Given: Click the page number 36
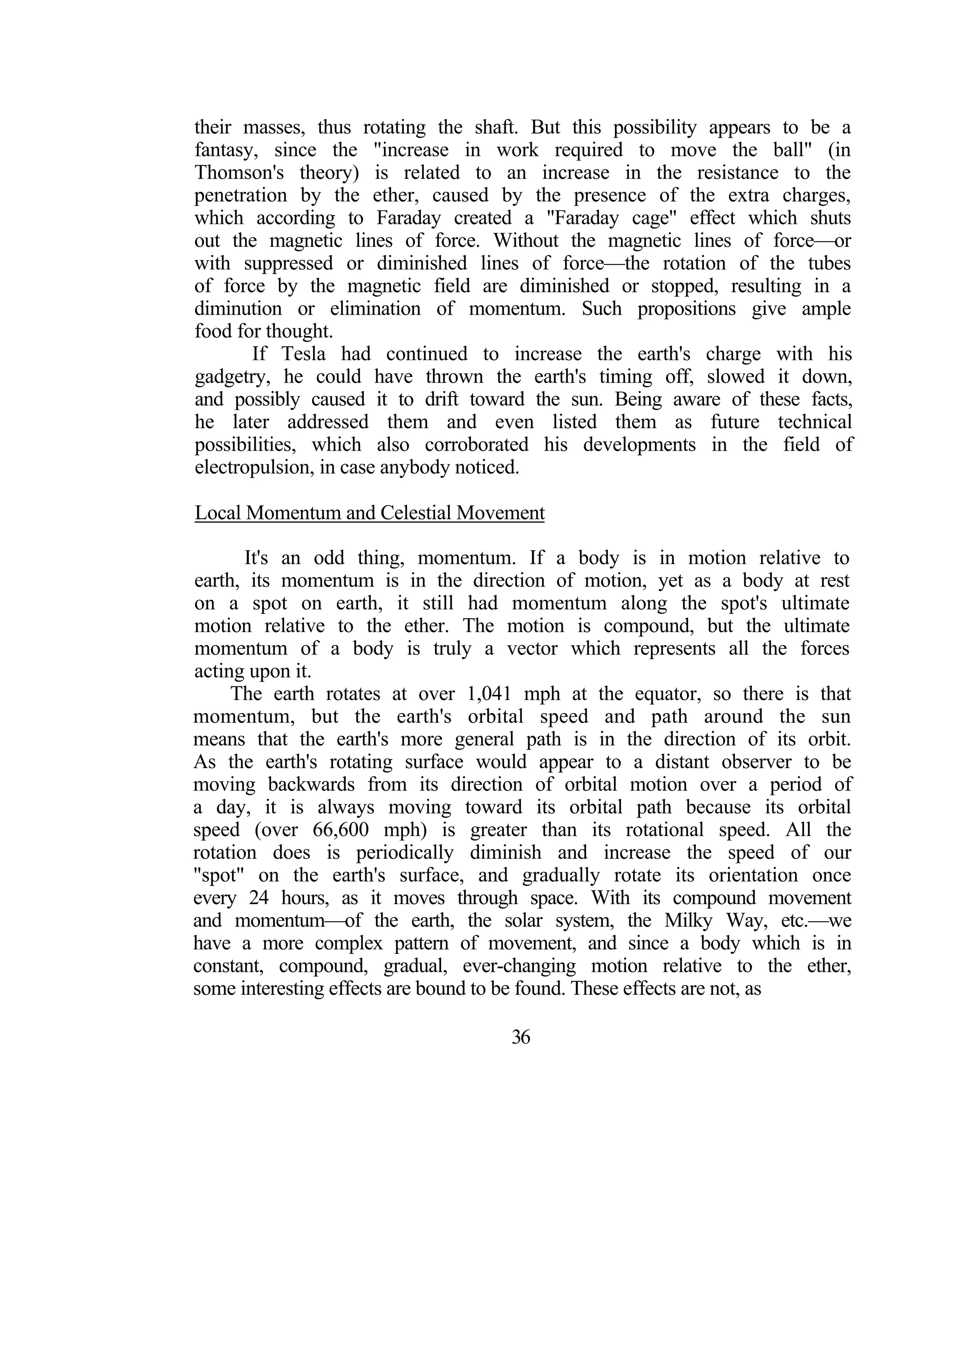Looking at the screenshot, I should [521, 1037].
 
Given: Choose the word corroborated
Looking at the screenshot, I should [477, 445].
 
